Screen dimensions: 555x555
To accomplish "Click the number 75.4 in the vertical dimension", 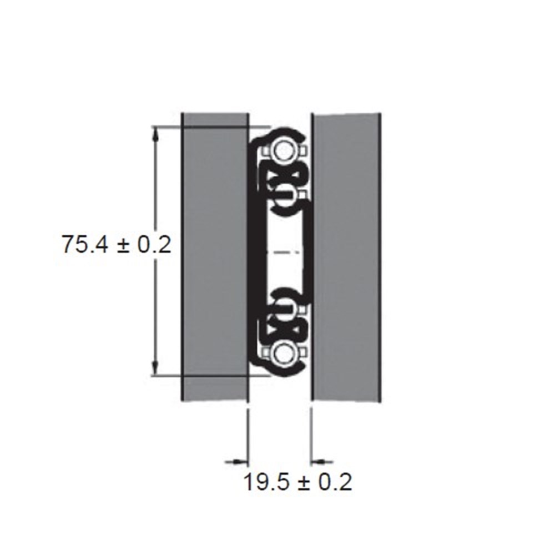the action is (84, 244).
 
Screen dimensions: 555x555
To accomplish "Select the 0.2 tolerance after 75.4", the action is (154, 244).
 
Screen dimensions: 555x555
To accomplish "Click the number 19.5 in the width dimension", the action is (266, 481).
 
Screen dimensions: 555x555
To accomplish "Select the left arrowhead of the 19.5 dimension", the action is (241, 461).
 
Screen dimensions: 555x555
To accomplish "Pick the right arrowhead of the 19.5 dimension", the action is (318, 461).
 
